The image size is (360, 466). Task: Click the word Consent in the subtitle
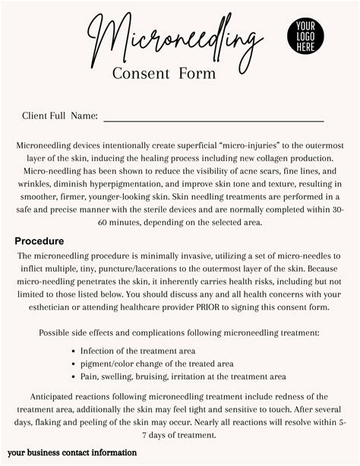(140, 74)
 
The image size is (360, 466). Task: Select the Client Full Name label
(60, 116)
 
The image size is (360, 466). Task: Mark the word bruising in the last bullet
(171, 376)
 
